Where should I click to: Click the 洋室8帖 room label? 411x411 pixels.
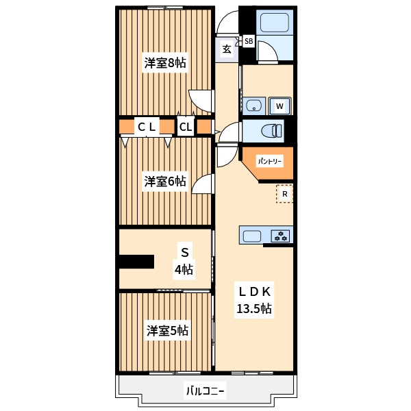coord(165,63)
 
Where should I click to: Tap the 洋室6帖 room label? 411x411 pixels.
coord(165,182)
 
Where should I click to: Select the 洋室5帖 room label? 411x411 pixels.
coord(167,331)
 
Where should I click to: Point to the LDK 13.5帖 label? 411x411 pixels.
coord(254,300)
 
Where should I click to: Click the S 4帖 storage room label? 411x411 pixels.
coord(184,261)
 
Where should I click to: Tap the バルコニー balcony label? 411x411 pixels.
coord(206,392)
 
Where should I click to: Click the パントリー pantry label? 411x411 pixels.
coord(270,161)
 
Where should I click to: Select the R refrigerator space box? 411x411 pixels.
coord(285,194)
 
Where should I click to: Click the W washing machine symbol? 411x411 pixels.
coord(280,106)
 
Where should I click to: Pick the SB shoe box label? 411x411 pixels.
coord(249,41)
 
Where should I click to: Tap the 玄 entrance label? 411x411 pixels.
coord(227,49)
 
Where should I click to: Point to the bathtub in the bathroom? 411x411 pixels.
coord(275,23)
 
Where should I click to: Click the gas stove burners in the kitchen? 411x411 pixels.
coord(281,236)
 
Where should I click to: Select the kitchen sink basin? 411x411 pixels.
coord(252,236)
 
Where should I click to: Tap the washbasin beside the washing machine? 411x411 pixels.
coord(254,106)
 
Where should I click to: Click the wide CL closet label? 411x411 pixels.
coord(147,127)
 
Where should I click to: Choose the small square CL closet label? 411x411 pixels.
coord(186,127)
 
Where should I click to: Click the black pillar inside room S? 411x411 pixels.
coord(136,262)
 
